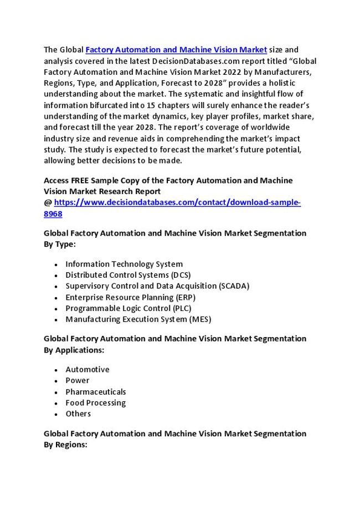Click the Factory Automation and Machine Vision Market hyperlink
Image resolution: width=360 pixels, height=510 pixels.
pyautogui.click(x=177, y=50)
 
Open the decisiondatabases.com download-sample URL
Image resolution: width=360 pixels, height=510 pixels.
pyautogui.click(x=177, y=203)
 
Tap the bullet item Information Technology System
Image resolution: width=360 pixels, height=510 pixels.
pyautogui.click(x=124, y=264)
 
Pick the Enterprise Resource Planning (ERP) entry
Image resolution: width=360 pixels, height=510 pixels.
pyautogui.click(x=130, y=297)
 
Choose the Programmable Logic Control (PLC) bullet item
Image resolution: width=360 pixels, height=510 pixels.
pyautogui.click(x=128, y=308)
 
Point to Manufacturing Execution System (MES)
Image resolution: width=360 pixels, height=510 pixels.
pyautogui.click(x=138, y=319)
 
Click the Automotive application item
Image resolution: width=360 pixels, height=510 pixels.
pyautogui.click(x=88, y=369)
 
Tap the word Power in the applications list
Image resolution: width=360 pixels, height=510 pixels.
pyautogui.click(x=78, y=380)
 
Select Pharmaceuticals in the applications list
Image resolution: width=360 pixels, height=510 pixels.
pyautogui.click(x=96, y=391)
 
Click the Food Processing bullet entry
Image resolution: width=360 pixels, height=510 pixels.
pyautogui.click(x=96, y=402)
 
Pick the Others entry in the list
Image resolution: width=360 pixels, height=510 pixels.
pyautogui.click(x=78, y=414)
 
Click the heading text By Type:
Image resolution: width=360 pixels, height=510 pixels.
pyautogui.click(x=60, y=244)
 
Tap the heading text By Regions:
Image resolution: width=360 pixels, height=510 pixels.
pyautogui.click(x=65, y=444)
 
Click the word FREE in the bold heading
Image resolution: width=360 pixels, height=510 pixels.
pyautogui.click(x=83, y=181)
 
